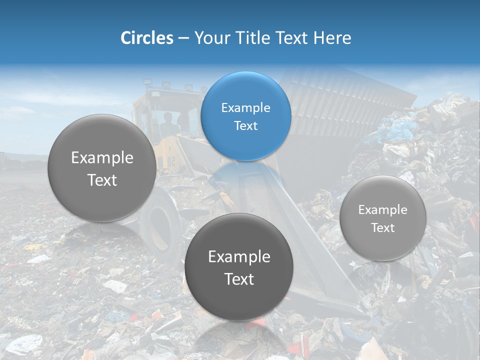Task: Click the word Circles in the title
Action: tap(146, 38)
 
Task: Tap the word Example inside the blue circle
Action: tap(245, 108)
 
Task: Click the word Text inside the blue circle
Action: tap(245, 126)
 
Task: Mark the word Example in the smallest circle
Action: tap(382, 210)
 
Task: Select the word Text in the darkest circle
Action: tap(239, 279)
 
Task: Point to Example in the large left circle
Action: tap(102, 158)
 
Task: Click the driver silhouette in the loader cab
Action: tap(168, 122)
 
